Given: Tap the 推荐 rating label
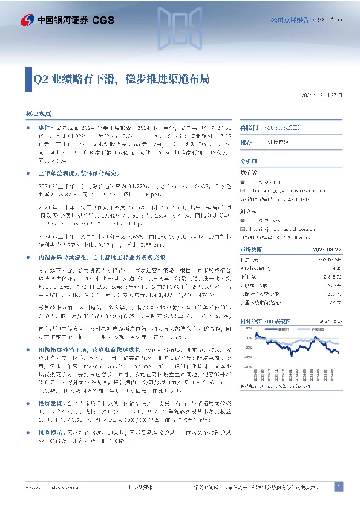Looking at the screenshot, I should click(246, 142).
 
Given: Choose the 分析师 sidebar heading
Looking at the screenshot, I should click(249, 162).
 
